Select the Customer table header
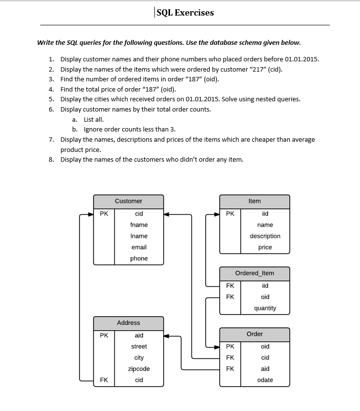pos(129,201)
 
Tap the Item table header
pos(254,201)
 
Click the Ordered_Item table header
pos(254,273)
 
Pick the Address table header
pos(129,323)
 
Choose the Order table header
pos(254,334)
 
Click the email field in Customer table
pos(139,247)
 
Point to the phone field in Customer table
pos(139,259)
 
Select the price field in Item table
pos(265,247)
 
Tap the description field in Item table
pos(265,236)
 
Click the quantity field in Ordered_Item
pos(265,308)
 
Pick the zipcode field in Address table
pos(139,369)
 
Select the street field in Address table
pos(139,347)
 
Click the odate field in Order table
pos(265,380)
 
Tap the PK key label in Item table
pos(230,214)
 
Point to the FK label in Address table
pos(104,380)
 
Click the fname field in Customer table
pos(139,225)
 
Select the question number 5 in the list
pos(51,99)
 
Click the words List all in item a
pos(94,119)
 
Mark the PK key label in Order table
pos(230,347)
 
